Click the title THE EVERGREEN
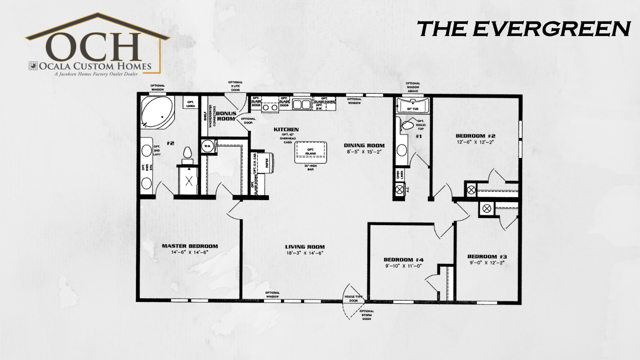pyautogui.click(x=524, y=29)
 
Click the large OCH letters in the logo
pyautogui.click(x=96, y=45)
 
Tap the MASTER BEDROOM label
pyautogui.click(x=190, y=246)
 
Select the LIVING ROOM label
pyautogui.click(x=305, y=247)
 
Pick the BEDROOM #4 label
pyautogui.click(x=403, y=260)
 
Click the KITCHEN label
pyautogui.click(x=286, y=129)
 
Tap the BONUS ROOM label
pyautogui.click(x=226, y=116)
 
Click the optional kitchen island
pyautogui.click(x=310, y=152)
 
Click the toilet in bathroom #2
pyautogui.click(x=188, y=153)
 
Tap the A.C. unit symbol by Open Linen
pyautogui.click(x=400, y=190)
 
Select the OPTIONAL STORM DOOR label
pyautogui.click(x=366, y=315)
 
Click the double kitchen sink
pyautogui.click(x=301, y=104)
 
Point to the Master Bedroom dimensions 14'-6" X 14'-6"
pyautogui.click(x=190, y=253)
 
